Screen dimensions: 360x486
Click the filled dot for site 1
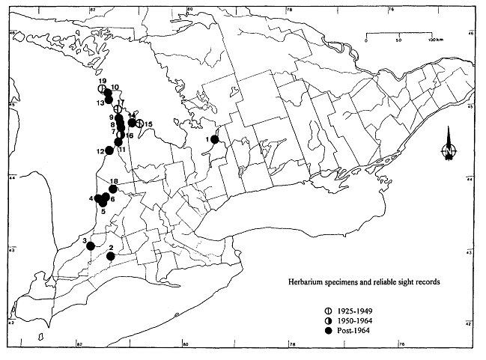coord(215,139)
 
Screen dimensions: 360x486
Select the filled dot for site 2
coord(111,257)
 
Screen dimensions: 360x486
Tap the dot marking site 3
coord(90,245)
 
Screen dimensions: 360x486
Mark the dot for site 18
coord(113,189)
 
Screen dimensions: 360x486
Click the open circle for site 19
coord(101,88)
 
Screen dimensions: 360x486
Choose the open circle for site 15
coord(139,123)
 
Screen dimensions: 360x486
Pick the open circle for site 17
coord(118,109)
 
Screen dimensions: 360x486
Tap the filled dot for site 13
coord(109,100)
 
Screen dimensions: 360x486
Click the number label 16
coord(130,135)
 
